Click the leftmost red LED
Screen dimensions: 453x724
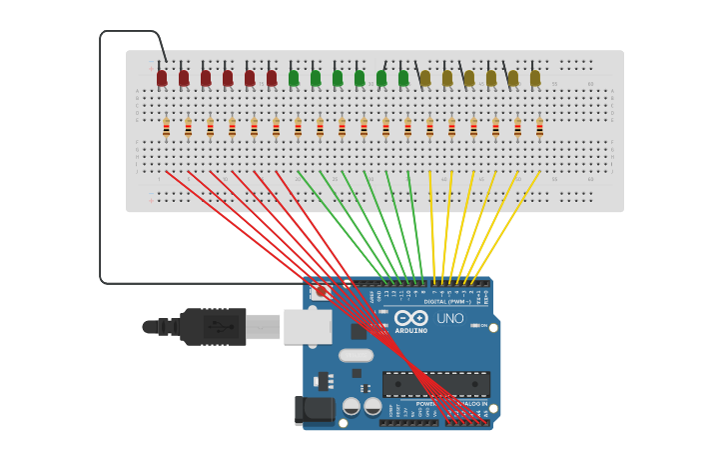tap(162, 77)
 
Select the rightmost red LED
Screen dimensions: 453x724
tap(272, 77)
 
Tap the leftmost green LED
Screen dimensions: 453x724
tap(294, 77)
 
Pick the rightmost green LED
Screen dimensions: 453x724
tap(403, 77)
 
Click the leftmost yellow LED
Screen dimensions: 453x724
tap(425, 77)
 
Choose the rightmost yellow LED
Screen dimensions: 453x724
tap(535, 77)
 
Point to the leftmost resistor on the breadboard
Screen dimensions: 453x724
tap(166, 127)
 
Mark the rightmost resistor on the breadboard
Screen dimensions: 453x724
tap(539, 127)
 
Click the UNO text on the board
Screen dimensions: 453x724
tap(450, 319)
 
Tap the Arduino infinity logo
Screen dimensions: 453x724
tap(410, 318)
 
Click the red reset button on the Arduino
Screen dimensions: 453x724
tap(322, 292)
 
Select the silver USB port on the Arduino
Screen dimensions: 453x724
tap(308, 326)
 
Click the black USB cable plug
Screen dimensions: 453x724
tap(212, 326)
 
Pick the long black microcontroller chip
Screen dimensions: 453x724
tap(436, 384)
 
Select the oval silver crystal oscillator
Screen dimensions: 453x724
tap(356, 355)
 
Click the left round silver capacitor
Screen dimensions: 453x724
tap(352, 406)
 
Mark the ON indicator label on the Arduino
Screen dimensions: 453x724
tap(482, 326)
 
